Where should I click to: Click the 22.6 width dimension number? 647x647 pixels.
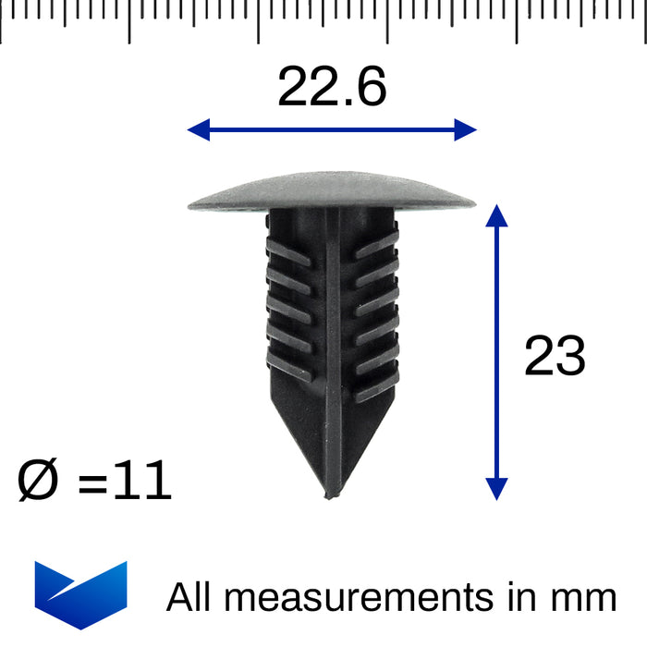tap(332, 89)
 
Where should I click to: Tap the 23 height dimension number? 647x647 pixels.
tap(555, 357)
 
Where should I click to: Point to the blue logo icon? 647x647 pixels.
tap(80, 594)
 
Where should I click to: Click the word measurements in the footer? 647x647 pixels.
tap(360, 598)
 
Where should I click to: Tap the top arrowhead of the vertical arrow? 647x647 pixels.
tap(497, 214)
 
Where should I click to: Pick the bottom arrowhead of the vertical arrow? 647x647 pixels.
tap(497, 489)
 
